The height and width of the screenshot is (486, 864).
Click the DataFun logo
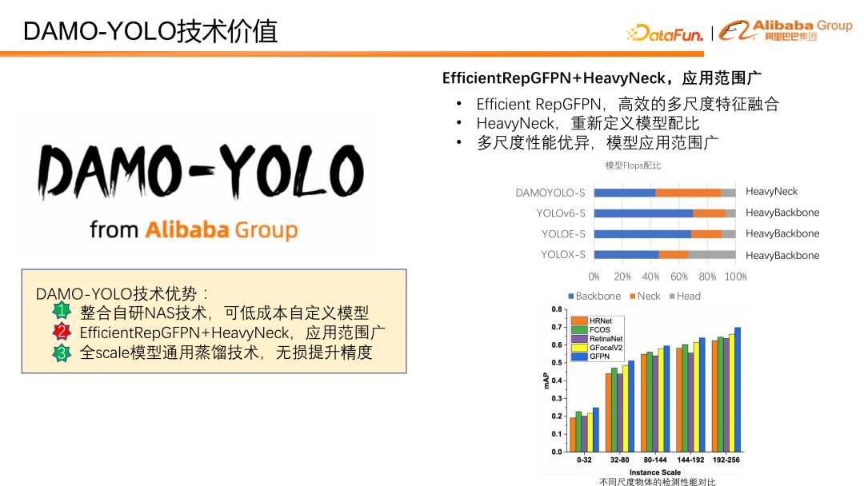[665, 34]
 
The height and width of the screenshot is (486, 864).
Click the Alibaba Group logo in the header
[786, 30]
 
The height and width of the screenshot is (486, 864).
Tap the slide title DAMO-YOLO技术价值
[150, 31]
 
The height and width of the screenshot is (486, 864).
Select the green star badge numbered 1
[62, 311]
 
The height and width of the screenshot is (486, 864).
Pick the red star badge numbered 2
[62, 332]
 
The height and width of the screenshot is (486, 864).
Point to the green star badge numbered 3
[62, 353]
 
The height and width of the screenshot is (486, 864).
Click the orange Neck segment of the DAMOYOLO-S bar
[688, 193]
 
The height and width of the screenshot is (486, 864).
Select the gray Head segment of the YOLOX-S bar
[712, 255]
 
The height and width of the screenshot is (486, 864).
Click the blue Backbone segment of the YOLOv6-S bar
[643, 213]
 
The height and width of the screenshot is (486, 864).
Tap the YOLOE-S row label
[563, 234]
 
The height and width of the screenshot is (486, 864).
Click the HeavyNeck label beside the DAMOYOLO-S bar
[771, 192]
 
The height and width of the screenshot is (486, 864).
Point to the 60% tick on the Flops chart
[679, 277]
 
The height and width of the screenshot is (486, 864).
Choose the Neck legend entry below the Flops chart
[644, 296]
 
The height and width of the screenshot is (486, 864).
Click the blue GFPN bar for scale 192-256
[738, 389]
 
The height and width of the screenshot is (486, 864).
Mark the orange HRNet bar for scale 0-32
[573, 434]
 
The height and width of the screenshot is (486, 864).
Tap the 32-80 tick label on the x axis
[619, 461]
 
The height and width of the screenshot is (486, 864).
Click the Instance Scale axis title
[654, 472]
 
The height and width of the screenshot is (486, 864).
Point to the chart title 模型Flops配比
[633, 165]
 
